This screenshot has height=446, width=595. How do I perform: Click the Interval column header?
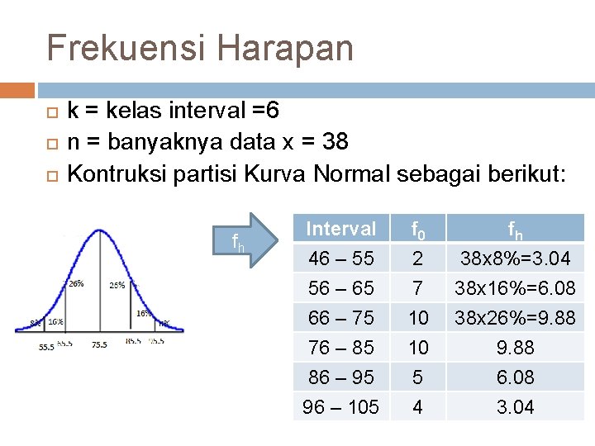click(x=340, y=228)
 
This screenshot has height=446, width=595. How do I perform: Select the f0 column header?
click(x=418, y=229)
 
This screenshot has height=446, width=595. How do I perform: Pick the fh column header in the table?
click(x=515, y=229)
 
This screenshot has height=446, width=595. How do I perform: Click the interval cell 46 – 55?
click(x=340, y=259)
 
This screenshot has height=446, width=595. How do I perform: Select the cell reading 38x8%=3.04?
click(x=515, y=259)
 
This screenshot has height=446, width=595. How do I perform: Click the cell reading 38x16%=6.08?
click(x=515, y=288)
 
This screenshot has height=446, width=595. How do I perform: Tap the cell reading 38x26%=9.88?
click(x=515, y=318)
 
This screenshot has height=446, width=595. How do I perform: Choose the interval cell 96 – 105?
click(x=340, y=407)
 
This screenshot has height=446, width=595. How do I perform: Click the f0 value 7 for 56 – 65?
click(x=418, y=288)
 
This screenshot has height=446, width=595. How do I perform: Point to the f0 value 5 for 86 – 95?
click(x=418, y=377)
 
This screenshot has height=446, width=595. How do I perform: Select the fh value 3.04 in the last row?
click(x=515, y=407)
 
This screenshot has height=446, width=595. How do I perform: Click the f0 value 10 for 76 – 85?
click(x=418, y=348)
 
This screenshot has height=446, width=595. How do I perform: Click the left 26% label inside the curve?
click(x=76, y=283)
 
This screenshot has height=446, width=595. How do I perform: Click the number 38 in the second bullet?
click(x=335, y=142)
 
